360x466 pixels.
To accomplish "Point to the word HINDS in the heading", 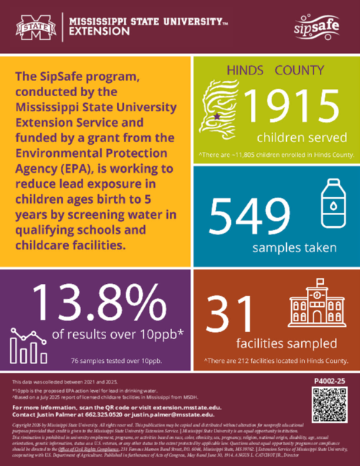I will pos(246,71).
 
